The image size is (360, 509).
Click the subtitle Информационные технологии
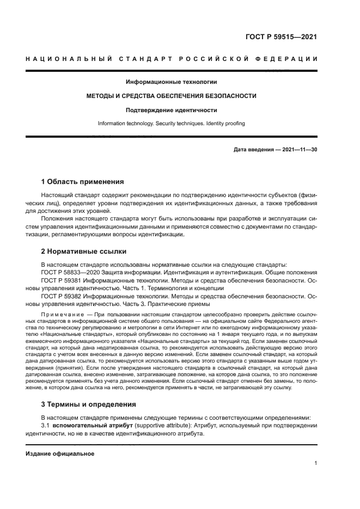172,82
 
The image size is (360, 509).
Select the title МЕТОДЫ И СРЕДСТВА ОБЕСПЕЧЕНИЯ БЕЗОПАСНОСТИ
172,96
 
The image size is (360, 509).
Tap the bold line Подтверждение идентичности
172,109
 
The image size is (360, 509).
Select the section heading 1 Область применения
83,181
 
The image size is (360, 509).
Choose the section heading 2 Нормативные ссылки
84,252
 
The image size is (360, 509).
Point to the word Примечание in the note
64,315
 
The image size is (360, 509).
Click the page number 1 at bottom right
315,463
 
